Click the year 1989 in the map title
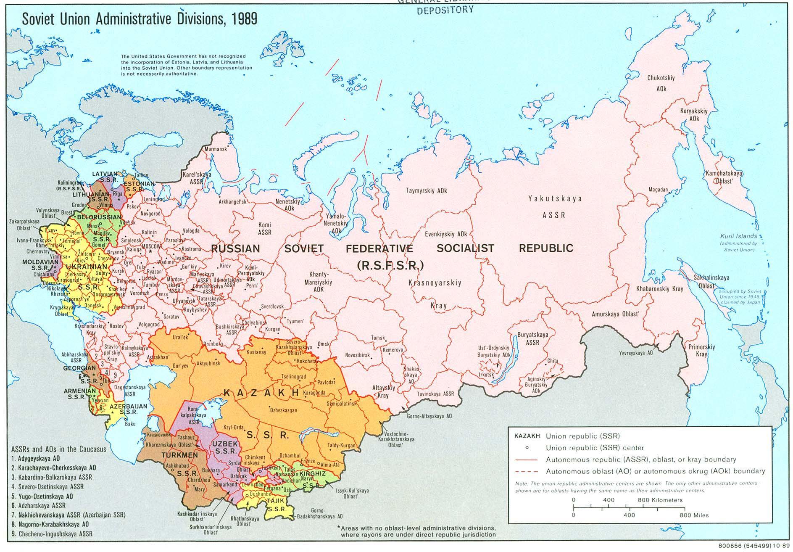coord(243,19)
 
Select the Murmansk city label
coord(216,149)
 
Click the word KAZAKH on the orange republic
coord(261,393)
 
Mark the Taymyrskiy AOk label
coord(426,190)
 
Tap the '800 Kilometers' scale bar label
coord(660,500)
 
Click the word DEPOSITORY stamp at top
coord(445,10)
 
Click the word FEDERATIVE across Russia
coord(379,248)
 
